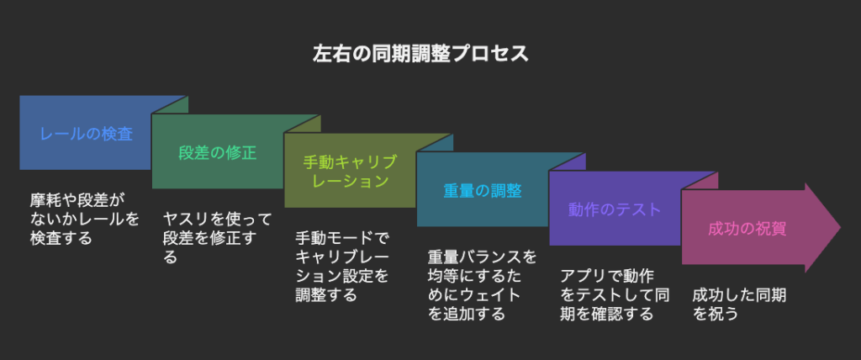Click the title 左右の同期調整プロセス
420,54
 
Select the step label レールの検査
87,134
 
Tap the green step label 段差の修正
218,152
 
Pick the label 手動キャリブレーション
350,171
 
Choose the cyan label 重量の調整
482,189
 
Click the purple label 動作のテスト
615,209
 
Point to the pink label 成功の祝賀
747,228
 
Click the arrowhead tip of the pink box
841,228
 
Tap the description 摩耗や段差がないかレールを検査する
85,219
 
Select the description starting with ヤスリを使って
218,237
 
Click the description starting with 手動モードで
342,266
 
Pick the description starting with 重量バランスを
482,284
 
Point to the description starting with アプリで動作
615,294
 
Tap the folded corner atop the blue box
170,105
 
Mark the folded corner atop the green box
303,124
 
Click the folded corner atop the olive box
435,142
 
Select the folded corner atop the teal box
568,161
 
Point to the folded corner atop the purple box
700,180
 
